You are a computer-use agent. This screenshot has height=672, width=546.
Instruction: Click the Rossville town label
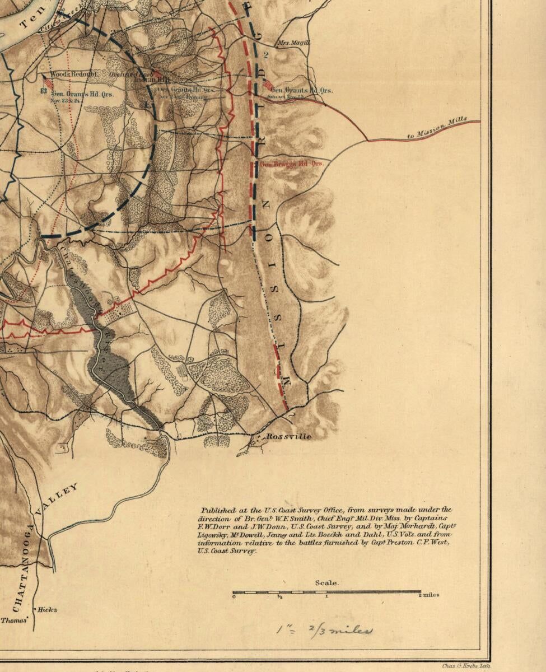(x=288, y=436)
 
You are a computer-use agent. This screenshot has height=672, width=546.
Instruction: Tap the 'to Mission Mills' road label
(x=443, y=128)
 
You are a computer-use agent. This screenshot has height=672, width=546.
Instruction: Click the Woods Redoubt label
(x=73, y=74)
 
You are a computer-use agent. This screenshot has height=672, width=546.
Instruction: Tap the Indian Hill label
(x=144, y=80)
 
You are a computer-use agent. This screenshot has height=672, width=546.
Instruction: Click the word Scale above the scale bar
(x=326, y=583)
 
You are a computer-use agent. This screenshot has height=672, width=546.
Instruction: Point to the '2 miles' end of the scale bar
(x=430, y=595)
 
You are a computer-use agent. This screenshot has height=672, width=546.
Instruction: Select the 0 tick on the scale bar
(x=234, y=596)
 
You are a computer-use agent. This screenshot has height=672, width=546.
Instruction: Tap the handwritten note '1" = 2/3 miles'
(x=324, y=630)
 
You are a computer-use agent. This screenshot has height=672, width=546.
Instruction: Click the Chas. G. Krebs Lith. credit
(x=465, y=666)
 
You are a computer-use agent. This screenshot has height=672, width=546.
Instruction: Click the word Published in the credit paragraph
(x=219, y=510)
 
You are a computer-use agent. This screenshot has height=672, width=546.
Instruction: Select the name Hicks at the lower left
(x=47, y=610)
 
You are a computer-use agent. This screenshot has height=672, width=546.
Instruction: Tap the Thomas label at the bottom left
(x=13, y=620)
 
